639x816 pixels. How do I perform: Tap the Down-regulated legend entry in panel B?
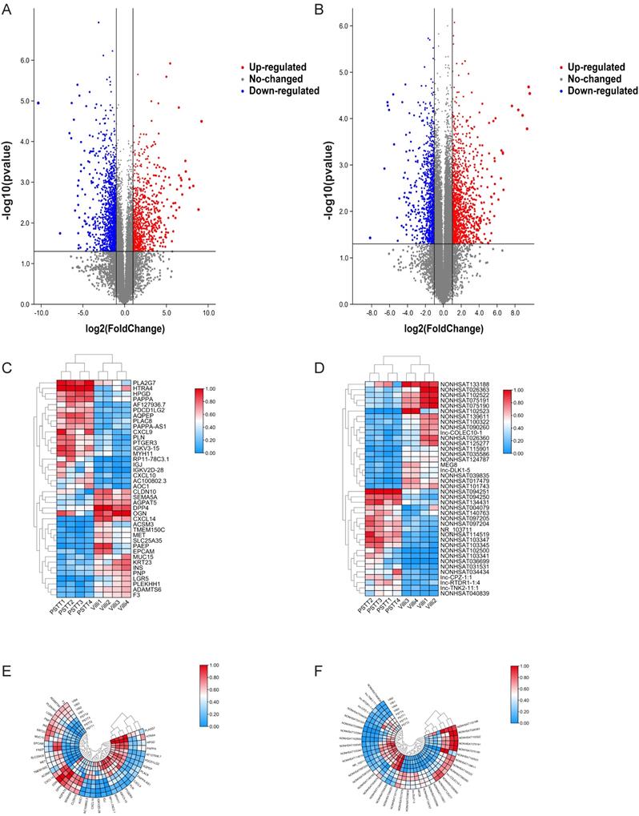[603, 91]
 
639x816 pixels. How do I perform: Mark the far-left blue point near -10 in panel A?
[38, 103]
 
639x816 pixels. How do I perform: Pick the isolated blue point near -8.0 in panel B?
[370, 238]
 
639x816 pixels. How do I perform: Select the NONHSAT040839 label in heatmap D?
[464, 593]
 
